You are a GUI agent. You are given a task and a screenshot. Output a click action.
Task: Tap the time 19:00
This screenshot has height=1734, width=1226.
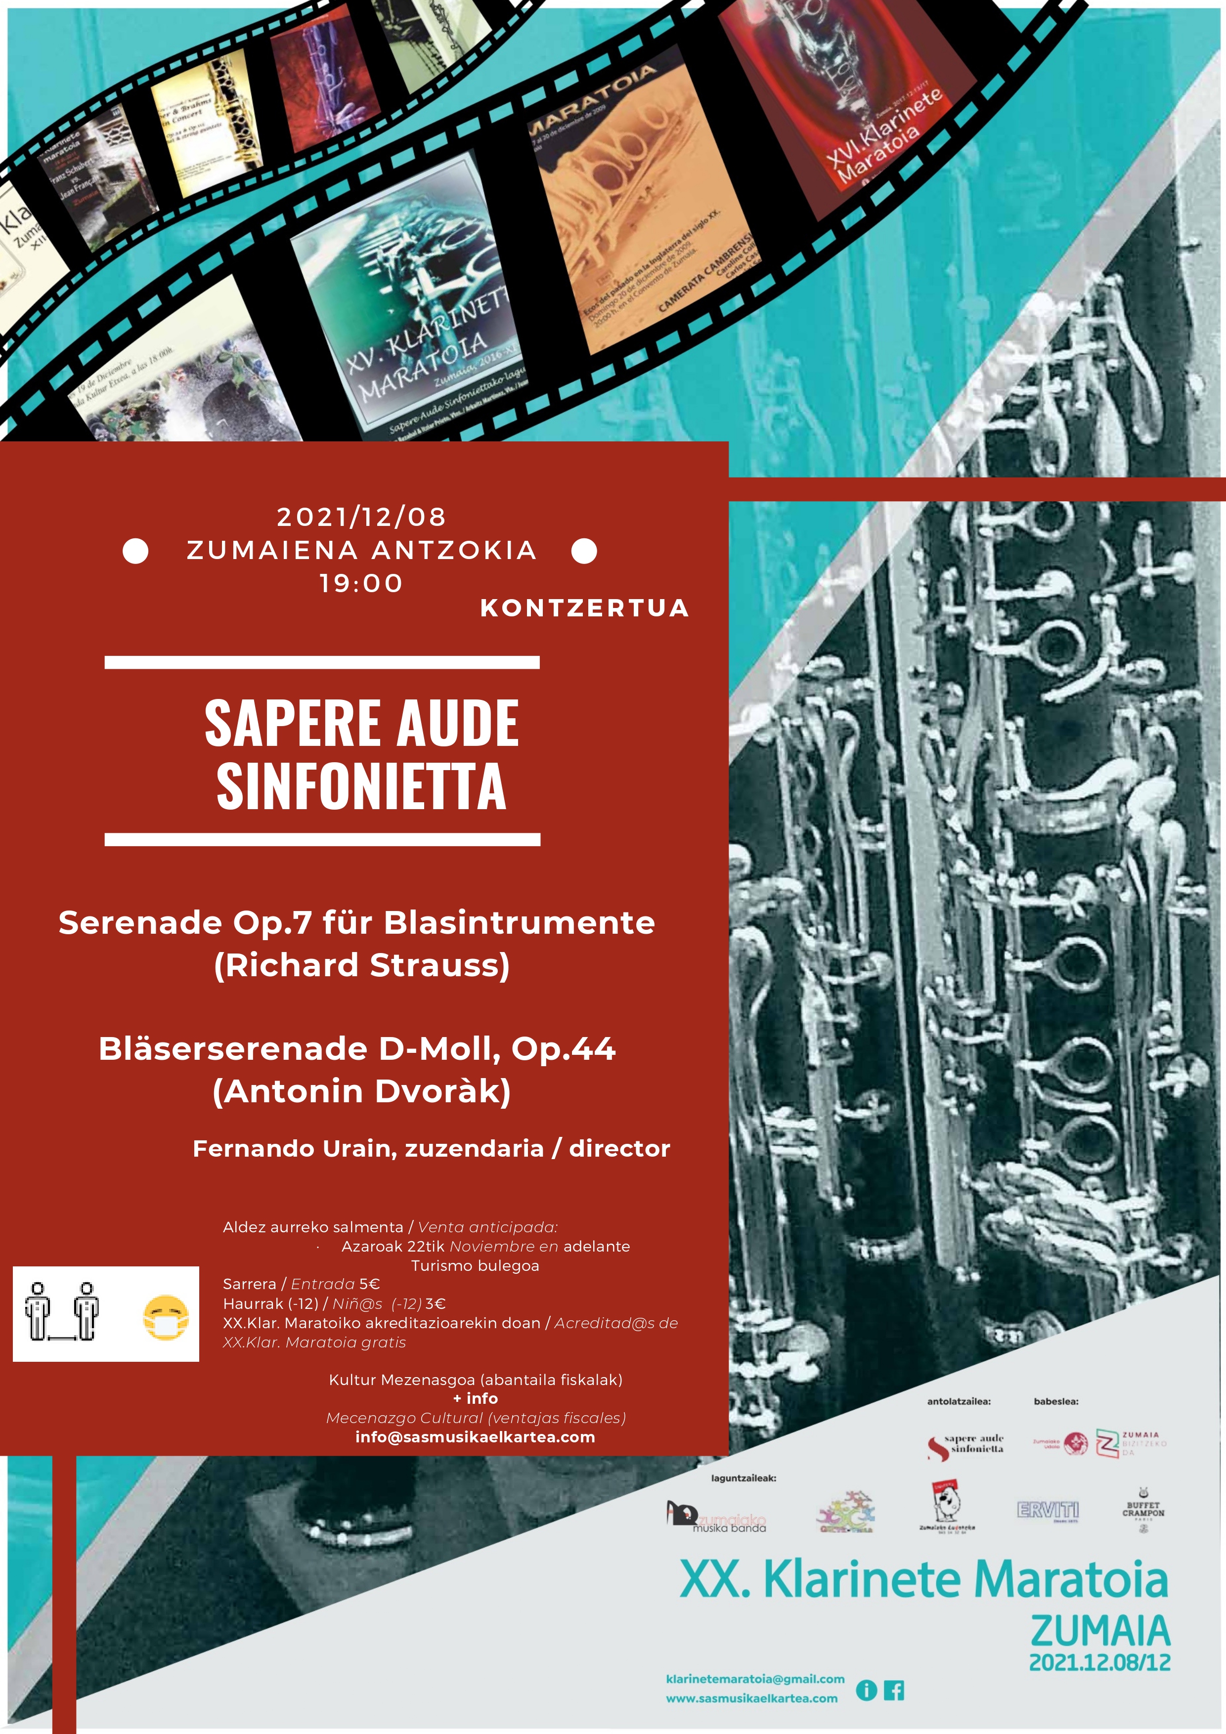click(x=361, y=583)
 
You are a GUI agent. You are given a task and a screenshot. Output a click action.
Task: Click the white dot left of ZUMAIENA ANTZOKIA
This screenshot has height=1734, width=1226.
click(x=135, y=551)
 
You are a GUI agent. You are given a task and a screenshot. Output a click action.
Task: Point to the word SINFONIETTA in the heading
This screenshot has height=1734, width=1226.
click(x=361, y=786)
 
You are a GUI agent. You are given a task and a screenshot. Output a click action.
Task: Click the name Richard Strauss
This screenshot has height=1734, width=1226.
click(x=362, y=965)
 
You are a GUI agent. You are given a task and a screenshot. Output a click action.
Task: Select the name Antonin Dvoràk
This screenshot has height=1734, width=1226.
click(x=362, y=1091)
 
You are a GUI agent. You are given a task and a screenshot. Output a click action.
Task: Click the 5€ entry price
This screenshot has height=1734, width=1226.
click(x=369, y=1284)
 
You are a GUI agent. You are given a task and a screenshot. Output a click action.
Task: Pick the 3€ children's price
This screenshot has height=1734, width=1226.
click(x=436, y=1303)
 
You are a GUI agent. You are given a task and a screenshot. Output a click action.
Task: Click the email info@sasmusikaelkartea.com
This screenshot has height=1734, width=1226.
click(x=475, y=1437)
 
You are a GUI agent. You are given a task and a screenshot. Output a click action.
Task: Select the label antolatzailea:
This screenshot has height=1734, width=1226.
click(x=959, y=1401)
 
